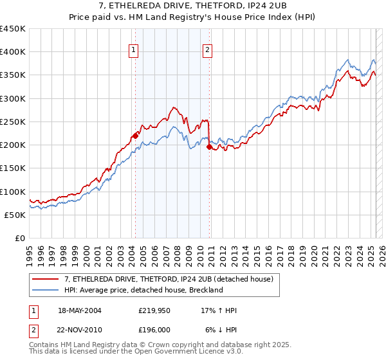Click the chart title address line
[x=192, y=5]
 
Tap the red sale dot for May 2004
[x=136, y=135]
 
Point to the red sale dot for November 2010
[x=210, y=147]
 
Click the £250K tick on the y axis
[x=14, y=122]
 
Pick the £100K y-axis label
[x=14, y=192]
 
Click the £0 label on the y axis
[x=19, y=238]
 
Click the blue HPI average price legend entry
[x=143, y=290]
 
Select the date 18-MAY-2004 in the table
[x=80, y=310]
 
